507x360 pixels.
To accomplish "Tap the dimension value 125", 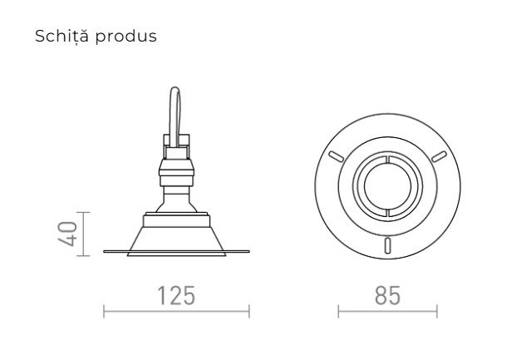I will coord(176,295).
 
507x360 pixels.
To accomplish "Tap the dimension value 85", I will coord(387,295).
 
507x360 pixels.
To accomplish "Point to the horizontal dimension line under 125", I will coord(176,314).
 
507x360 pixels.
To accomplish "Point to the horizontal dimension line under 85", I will coord(387,314).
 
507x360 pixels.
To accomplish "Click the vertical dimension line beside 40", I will coord(86,234).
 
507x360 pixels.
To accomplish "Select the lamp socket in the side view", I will coord(175,170).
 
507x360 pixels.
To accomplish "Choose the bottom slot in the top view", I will coord(387,244).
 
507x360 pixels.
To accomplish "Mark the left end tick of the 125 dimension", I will coord(103,314).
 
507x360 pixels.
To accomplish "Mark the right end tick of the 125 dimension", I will coord(249,314).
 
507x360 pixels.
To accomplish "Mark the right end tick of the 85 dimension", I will coord(437,314).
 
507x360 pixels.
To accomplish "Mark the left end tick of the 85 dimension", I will coord(338,314).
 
